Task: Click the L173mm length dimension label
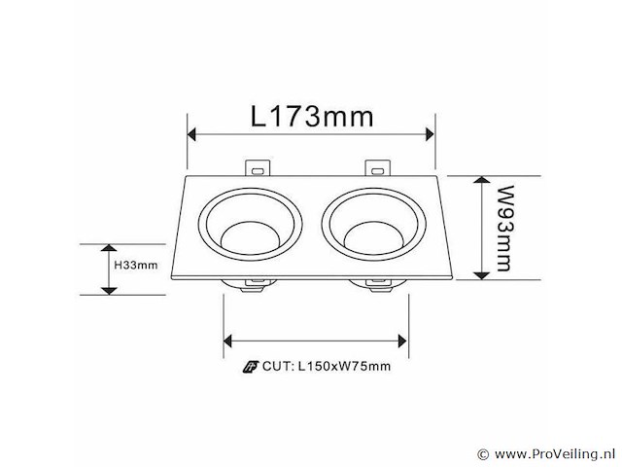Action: tap(311, 118)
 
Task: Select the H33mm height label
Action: tap(136, 264)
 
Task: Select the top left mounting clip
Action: tap(257, 168)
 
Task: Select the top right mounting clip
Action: tap(376, 168)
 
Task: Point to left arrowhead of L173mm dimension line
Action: tap(192, 134)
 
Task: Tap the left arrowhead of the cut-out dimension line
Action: tap(230, 340)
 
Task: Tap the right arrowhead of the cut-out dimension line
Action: tap(401, 340)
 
